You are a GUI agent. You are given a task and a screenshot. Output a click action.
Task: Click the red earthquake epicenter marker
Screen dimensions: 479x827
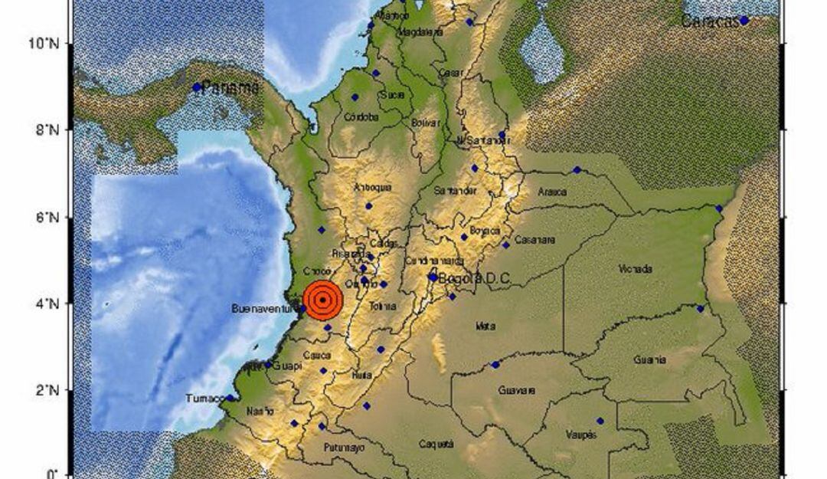[x=322, y=300]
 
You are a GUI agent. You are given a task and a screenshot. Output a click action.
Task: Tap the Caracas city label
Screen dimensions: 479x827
[x=710, y=21]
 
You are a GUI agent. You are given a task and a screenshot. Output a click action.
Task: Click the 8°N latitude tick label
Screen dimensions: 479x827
[x=48, y=130]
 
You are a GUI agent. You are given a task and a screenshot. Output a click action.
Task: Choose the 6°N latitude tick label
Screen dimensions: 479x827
[x=48, y=218]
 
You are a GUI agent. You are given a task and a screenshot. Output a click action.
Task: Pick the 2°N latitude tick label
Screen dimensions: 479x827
[x=48, y=391]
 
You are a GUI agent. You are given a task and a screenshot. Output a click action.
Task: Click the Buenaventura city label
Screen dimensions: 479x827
[x=263, y=309]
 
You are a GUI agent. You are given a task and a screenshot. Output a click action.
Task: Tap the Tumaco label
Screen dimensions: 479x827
[x=205, y=399]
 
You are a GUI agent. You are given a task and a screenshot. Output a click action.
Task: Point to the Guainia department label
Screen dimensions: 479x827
[x=649, y=359]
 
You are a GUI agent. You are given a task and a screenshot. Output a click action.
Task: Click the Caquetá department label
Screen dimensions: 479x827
[x=436, y=444]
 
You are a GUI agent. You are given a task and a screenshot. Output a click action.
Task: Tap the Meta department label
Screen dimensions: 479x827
[x=485, y=326]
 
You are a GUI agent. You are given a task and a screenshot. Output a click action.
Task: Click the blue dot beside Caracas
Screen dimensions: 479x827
[x=744, y=21]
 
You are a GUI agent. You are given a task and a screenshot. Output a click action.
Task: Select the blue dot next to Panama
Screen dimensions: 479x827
[x=197, y=87]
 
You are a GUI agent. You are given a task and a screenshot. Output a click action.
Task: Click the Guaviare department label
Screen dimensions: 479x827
[x=516, y=391]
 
